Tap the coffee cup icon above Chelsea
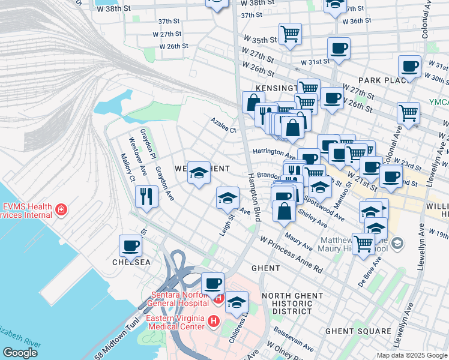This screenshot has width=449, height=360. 131,245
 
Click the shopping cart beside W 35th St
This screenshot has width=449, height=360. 291,34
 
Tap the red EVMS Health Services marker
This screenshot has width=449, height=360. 61,209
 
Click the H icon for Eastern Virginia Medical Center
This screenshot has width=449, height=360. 212,322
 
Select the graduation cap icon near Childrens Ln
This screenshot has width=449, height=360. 237,302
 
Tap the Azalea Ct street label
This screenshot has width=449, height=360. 223,129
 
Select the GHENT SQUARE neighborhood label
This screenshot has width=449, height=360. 358,331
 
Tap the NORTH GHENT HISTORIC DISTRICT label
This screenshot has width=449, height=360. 288,303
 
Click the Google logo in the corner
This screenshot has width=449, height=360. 20,352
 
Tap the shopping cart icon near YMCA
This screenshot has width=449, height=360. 408,112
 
